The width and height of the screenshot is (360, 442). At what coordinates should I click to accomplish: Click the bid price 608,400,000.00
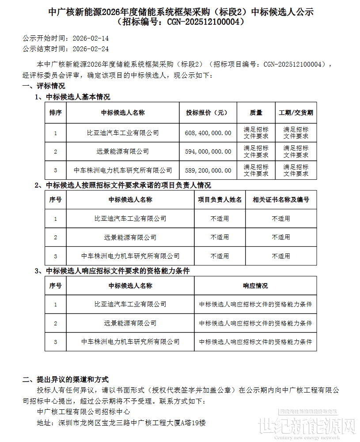(208, 132)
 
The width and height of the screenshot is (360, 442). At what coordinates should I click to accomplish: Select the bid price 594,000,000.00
(208, 151)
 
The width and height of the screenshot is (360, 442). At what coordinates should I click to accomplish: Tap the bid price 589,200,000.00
(208, 170)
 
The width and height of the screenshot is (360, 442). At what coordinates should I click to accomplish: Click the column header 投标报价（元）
(208, 113)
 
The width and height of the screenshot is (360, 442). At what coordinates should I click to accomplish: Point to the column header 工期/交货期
(296, 113)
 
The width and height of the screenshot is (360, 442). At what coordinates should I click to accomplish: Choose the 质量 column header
(256, 113)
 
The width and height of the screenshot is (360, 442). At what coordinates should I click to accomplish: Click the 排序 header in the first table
(56, 113)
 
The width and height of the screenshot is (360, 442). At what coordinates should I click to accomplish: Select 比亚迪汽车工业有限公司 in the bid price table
(123, 132)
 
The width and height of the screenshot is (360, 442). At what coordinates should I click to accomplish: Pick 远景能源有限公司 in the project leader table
(130, 237)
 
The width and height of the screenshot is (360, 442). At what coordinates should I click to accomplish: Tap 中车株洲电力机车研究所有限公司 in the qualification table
(130, 341)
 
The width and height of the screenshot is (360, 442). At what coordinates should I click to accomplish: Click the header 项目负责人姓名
(220, 200)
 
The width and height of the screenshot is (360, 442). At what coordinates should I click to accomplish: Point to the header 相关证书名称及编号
(281, 200)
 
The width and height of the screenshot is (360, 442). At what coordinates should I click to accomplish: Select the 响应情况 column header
(255, 286)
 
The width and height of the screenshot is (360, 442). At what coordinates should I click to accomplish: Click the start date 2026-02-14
(91, 39)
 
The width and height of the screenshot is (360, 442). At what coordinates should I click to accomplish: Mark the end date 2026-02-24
(91, 49)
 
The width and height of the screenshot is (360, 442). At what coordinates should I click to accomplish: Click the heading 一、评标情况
(44, 86)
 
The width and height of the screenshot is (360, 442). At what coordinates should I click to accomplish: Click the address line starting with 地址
(122, 423)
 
